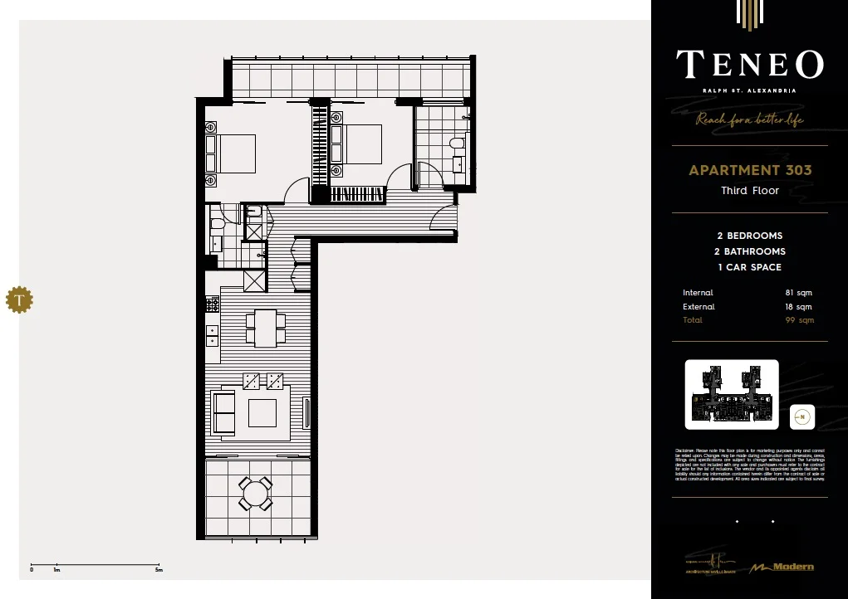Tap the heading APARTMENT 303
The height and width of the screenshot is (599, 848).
point(750,170)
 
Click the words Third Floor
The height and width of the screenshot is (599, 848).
point(750,191)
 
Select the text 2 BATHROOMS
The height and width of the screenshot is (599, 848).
point(750,251)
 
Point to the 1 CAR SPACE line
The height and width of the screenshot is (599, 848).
point(750,267)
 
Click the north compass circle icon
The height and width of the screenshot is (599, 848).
point(802,417)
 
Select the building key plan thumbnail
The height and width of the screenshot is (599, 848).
point(731,394)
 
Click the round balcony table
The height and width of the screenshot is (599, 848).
point(255,495)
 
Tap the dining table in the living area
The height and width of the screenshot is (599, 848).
point(265,328)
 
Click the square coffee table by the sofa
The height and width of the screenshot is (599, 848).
point(262,412)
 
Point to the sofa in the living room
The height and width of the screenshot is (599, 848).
point(223,412)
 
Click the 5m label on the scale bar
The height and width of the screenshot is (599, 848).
point(159,570)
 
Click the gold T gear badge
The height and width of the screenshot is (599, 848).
point(18,299)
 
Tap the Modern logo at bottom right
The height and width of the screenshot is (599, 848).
point(782,567)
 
